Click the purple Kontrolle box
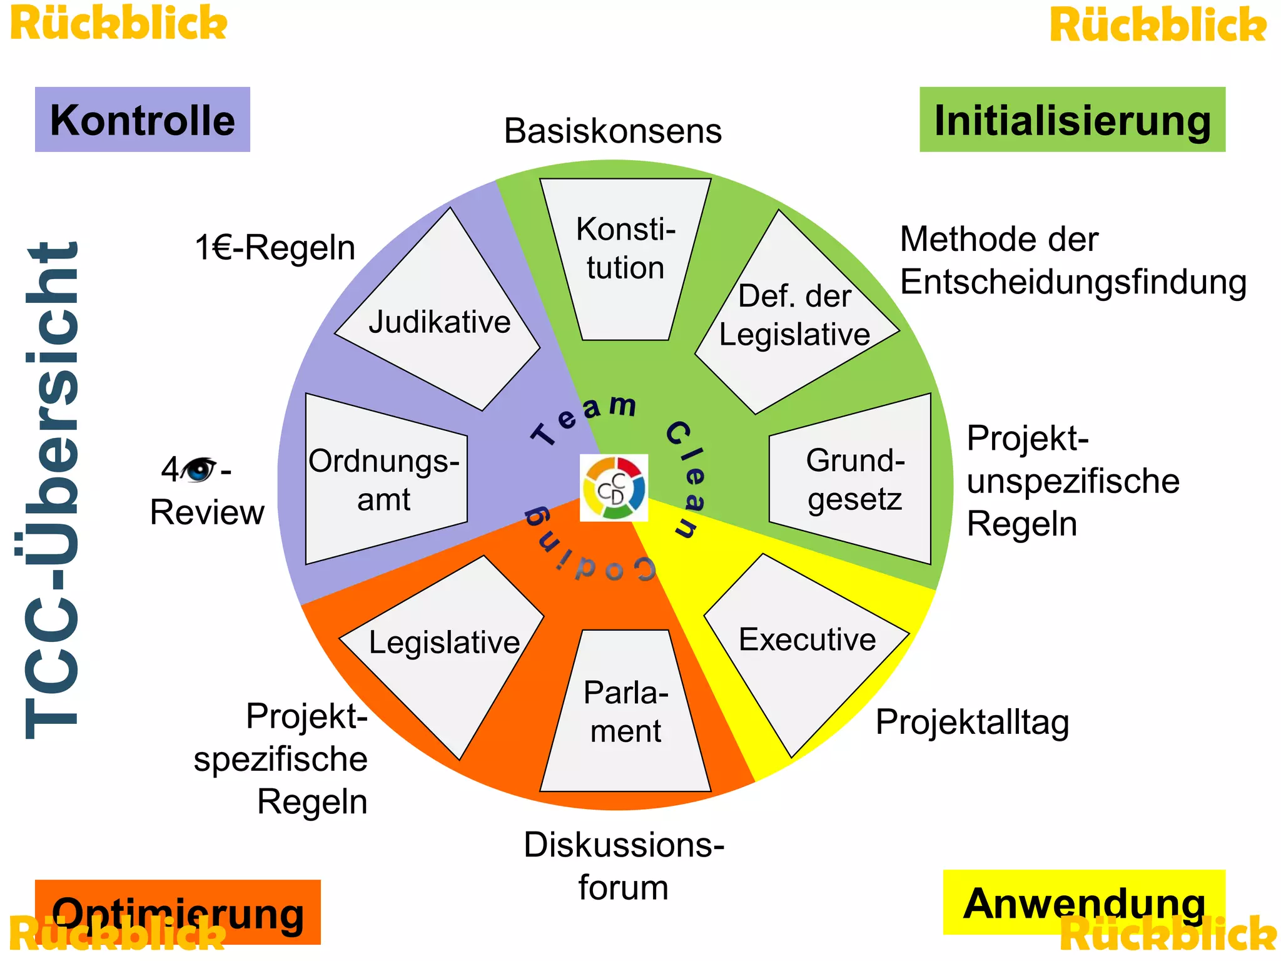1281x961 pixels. pyautogui.click(x=142, y=119)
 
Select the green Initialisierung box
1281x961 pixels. pyautogui.click(x=1072, y=119)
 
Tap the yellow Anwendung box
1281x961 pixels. pyautogui.click(x=1083, y=902)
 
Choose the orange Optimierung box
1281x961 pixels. pyautogui.click(x=178, y=912)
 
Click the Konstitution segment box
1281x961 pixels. pyautogui.click(x=625, y=257)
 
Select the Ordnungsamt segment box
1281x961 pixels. pyautogui.click(x=384, y=479)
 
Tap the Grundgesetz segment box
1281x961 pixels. pyautogui.click(x=854, y=479)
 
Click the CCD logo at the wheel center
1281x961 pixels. pyautogui.click(x=614, y=488)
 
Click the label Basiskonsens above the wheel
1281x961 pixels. pyautogui.click(x=613, y=131)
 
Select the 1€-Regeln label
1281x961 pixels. pyautogui.click(x=275, y=248)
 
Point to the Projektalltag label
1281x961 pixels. pyautogui.click(x=972, y=722)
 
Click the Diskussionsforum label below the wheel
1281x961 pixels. pyautogui.click(x=624, y=866)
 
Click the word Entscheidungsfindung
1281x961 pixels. pyautogui.click(x=1073, y=282)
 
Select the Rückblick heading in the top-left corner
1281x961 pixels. pyautogui.click(x=119, y=24)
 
